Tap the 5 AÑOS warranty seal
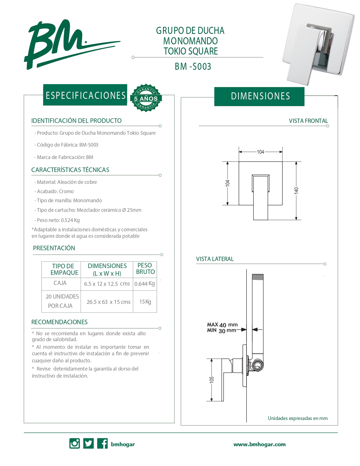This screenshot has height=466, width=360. click(x=146, y=98)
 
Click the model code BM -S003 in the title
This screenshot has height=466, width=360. click(x=193, y=67)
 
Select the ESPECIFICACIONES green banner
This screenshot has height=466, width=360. click(x=85, y=95)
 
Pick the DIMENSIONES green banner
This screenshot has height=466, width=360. click(x=260, y=96)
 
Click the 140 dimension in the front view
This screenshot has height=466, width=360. click(x=296, y=190)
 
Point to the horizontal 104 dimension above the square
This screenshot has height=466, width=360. click(x=260, y=152)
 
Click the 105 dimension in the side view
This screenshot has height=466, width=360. click(x=212, y=380)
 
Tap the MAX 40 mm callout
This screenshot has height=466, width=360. click(x=222, y=325)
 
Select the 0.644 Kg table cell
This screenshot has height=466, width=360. click(x=145, y=284)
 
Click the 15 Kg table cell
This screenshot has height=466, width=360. click(x=145, y=302)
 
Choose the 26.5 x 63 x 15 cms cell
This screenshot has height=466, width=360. click(x=108, y=302)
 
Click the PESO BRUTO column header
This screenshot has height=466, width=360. click(x=145, y=269)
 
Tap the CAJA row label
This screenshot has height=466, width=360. click(x=60, y=283)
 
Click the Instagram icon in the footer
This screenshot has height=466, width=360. click(x=75, y=443)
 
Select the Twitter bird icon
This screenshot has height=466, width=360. click(x=88, y=443)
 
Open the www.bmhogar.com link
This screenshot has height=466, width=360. click(x=259, y=444)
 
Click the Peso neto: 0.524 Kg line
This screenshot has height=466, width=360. click(x=58, y=220)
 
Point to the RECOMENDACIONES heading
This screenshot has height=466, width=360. click(x=59, y=322)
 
